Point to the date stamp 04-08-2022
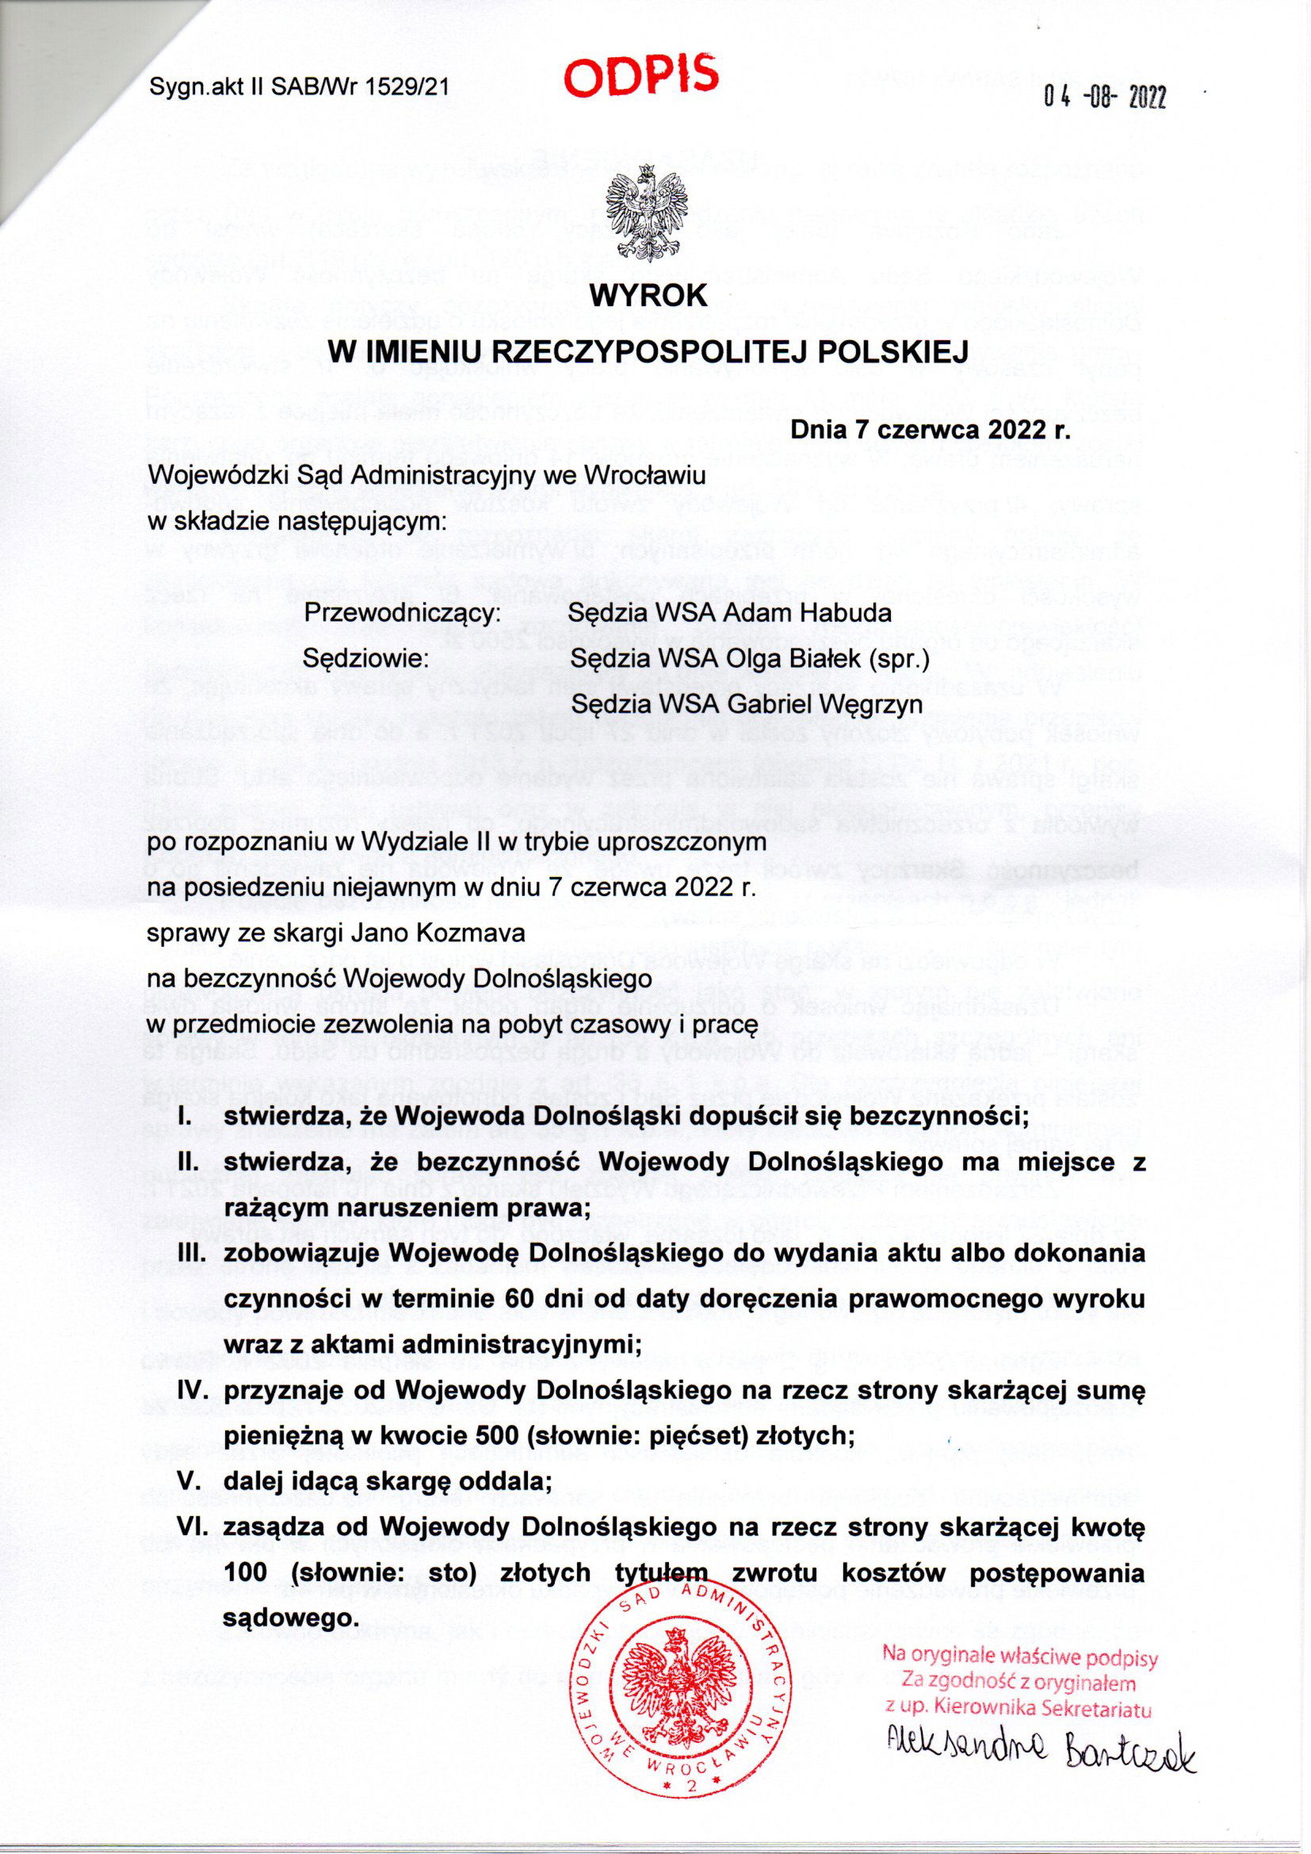coord(1104,98)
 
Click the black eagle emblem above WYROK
coord(649,213)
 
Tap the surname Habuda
coord(846,612)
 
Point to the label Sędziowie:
coord(364,658)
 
